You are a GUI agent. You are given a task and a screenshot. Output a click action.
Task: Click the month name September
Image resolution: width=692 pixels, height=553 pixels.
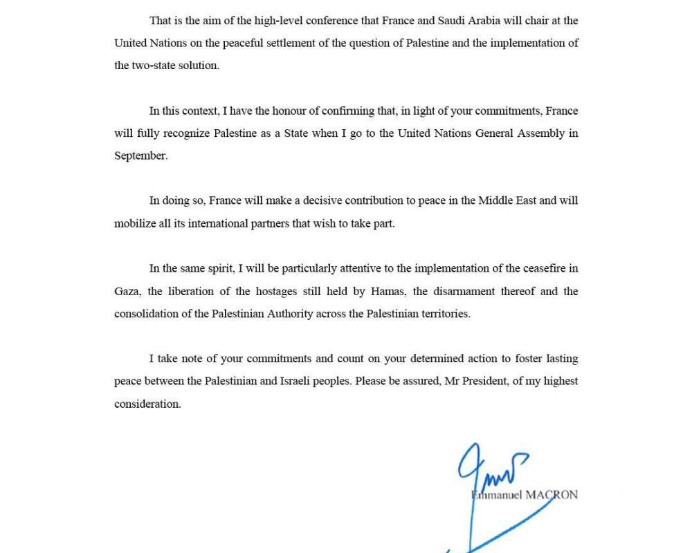pyautogui.click(x=140, y=156)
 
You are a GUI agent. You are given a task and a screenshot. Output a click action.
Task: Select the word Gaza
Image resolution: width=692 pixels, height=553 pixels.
pyautogui.click(x=127, y=292)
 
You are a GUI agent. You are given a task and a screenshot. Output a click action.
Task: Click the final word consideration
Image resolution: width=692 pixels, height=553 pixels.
pyautogui.click(x=147, y=404)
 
